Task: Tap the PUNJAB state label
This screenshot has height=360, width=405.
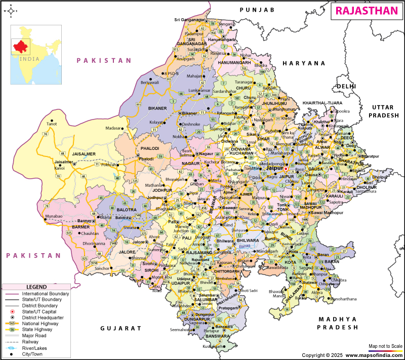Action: (257, 10)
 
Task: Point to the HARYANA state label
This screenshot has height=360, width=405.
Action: (304, 63)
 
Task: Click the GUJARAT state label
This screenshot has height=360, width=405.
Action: (120, 328)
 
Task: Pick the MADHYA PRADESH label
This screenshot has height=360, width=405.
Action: (338, 323)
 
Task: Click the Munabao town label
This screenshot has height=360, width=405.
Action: (54, 216)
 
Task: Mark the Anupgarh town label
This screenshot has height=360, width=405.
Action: (185, 59)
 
